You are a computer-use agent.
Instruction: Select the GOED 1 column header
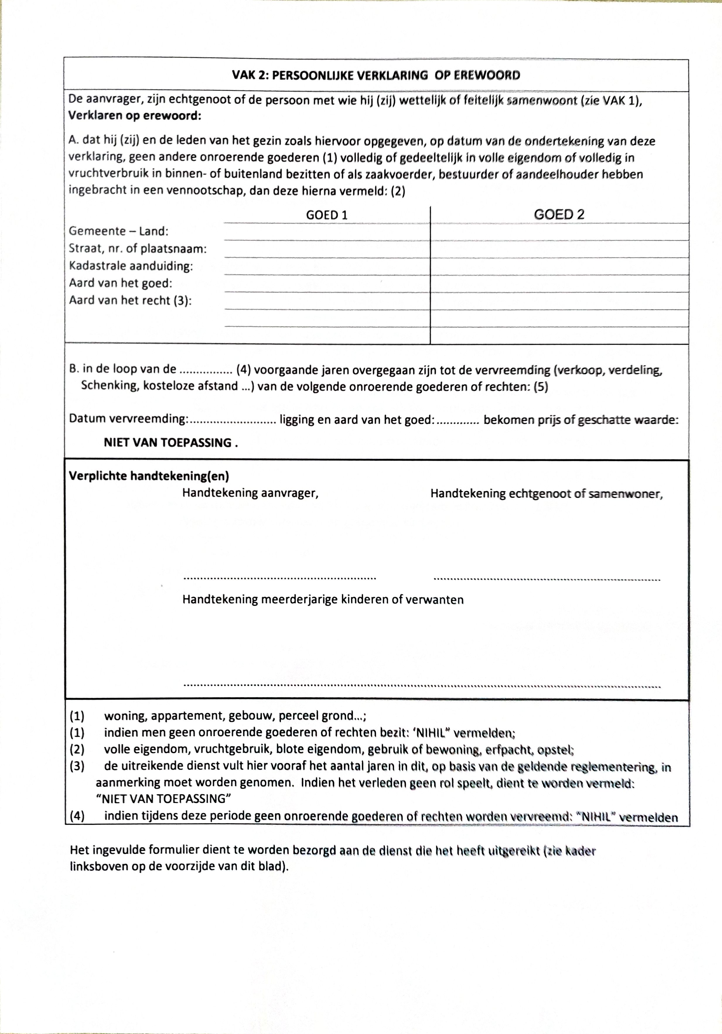tap(327, 215)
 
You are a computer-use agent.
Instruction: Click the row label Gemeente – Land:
tap(118, 231)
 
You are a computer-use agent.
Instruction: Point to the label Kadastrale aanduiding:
tap(131, 266)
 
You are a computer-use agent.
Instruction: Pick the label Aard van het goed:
tap(121, 283)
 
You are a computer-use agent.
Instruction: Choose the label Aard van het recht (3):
tap(130, 300)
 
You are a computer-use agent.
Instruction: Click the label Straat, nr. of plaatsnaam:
tap(138, 249)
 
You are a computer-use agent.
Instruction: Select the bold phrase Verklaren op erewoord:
tap(134, 116)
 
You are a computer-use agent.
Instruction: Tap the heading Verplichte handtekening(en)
tap(149, 476)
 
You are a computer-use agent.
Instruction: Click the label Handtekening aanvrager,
tap(250, 493)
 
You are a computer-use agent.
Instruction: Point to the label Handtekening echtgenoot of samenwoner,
tap(546, 494)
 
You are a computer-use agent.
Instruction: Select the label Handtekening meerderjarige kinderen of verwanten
tap(322, 600)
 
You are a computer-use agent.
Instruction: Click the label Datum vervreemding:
tap(128, 419)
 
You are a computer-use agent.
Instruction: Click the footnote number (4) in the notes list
tap(77, 816)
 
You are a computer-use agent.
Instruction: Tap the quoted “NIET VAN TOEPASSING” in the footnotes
tap(163, 799)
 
